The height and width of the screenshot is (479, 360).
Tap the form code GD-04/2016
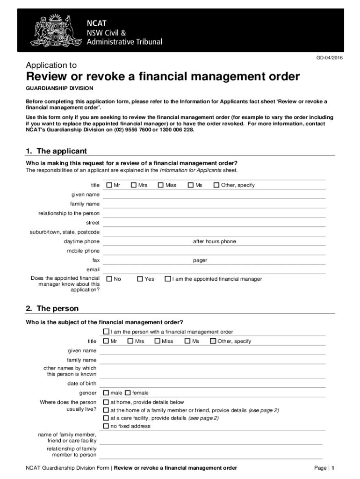[330, 58]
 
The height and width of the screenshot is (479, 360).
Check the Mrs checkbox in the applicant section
[134, 185]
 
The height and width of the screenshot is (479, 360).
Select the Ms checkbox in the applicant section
[191, 185]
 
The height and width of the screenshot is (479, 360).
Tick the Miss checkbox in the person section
[157, 341]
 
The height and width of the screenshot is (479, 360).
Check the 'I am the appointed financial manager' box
[168, 279]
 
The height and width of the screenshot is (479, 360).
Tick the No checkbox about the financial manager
[109, 279]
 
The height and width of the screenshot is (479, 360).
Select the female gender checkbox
[128, 393]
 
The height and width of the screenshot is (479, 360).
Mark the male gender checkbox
[106, 393]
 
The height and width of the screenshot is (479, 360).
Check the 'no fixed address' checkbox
[106, 426]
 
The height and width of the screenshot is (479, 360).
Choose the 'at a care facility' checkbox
[106, 418]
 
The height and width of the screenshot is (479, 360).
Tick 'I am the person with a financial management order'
[106, 332]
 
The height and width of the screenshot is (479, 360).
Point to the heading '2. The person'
[52, 309]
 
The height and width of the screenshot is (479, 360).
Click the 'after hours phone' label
[215, 241]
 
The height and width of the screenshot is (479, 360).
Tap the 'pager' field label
[200, 260]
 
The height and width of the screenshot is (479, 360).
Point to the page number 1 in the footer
[332, 468]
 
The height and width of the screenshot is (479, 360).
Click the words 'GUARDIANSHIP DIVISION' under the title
[59, 88]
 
